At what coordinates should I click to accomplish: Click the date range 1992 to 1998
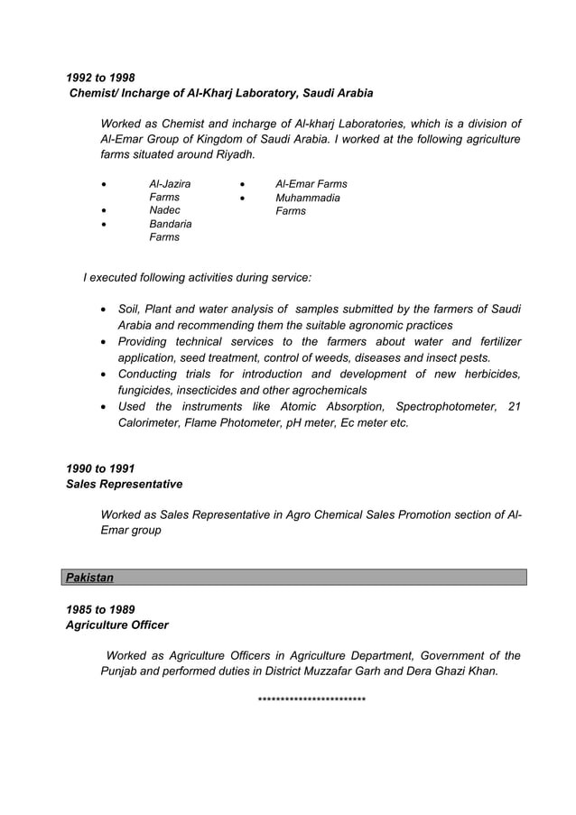100,78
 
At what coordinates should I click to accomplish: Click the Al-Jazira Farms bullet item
169,190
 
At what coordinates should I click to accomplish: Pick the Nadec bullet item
164,210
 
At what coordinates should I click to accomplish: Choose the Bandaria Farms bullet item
170,230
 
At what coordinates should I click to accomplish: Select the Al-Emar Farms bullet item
311,183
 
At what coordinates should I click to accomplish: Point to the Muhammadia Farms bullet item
307,204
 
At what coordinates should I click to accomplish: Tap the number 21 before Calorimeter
515,406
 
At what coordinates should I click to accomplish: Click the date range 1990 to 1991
100,468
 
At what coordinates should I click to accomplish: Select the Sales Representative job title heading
125,484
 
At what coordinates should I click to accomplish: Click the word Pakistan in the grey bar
89,577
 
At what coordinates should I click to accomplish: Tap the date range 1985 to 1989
100,609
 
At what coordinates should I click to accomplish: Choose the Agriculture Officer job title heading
117,625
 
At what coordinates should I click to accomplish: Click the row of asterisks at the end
311,699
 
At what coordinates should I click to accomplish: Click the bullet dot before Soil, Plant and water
107,310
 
